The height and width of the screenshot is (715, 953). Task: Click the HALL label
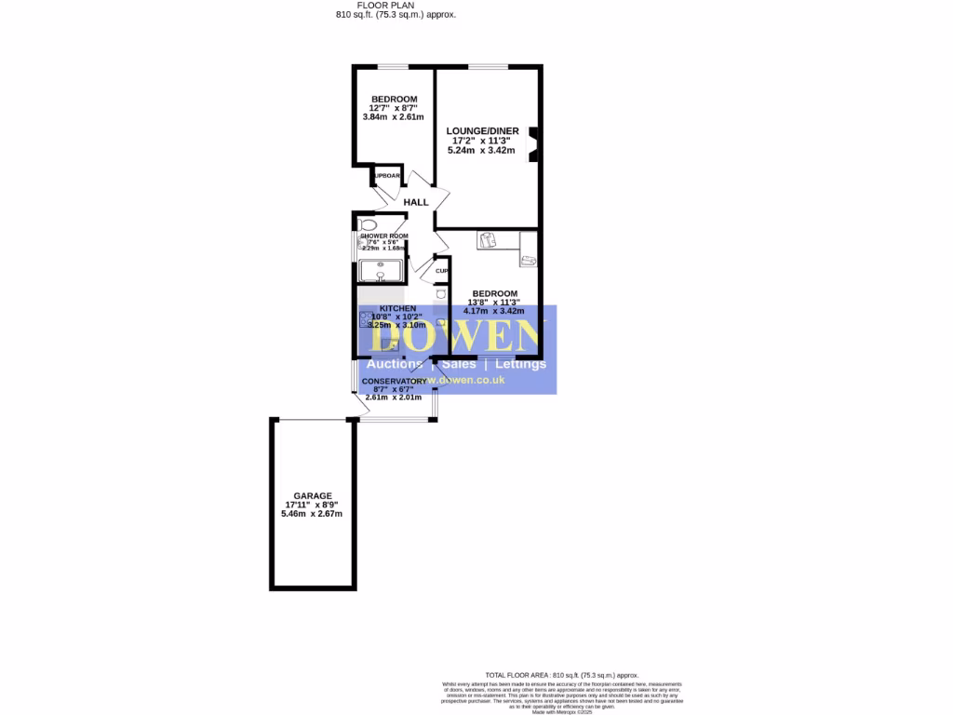pyautogui.click(x=416, y=202)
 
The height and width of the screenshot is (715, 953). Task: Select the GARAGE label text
pyautogui.click(x=313, y=496)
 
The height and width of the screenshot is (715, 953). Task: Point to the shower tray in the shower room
pyautogui.click(x=382, y=270)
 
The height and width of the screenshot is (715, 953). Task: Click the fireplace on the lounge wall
pyautogui.click(x=533, y=144)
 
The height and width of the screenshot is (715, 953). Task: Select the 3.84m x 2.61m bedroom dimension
pyautogui.click(x=393, y=117)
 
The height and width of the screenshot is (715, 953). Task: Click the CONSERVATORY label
pyautogui.click(x=394, y=382)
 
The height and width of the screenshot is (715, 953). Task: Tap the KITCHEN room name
pyautogui.click(x=397, y=308)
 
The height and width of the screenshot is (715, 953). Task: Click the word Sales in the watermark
pyautogui.click(x=459, y=364)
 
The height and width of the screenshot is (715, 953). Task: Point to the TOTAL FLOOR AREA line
pyautogui.click(x=561, y=674)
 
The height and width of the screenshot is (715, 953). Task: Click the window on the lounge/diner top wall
pyautogui.click(x=488, y=66)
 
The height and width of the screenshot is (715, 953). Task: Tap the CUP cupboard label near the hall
pyautogui.click(x=441, y=271)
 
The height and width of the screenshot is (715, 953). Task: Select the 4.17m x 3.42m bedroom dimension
pyautogui.click(x=493, y=312)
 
